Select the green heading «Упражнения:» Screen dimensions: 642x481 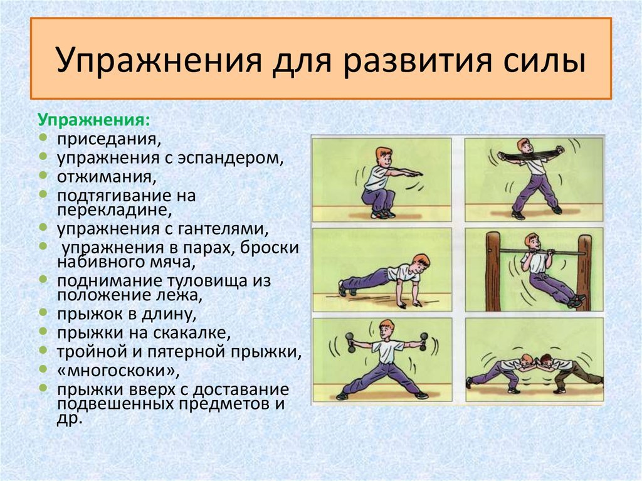(x=94, y=120)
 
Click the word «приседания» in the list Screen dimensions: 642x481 (x=109, y=139)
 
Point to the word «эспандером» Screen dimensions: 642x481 (x=231, y=158)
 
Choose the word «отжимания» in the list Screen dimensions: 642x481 (x=107, y=177)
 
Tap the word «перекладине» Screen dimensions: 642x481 (x=114, y=210)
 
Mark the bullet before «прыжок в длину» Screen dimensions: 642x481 (x=43, y=313)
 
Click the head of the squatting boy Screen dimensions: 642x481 (x=384, y=157)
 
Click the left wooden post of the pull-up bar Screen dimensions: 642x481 (x=493, y=271)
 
